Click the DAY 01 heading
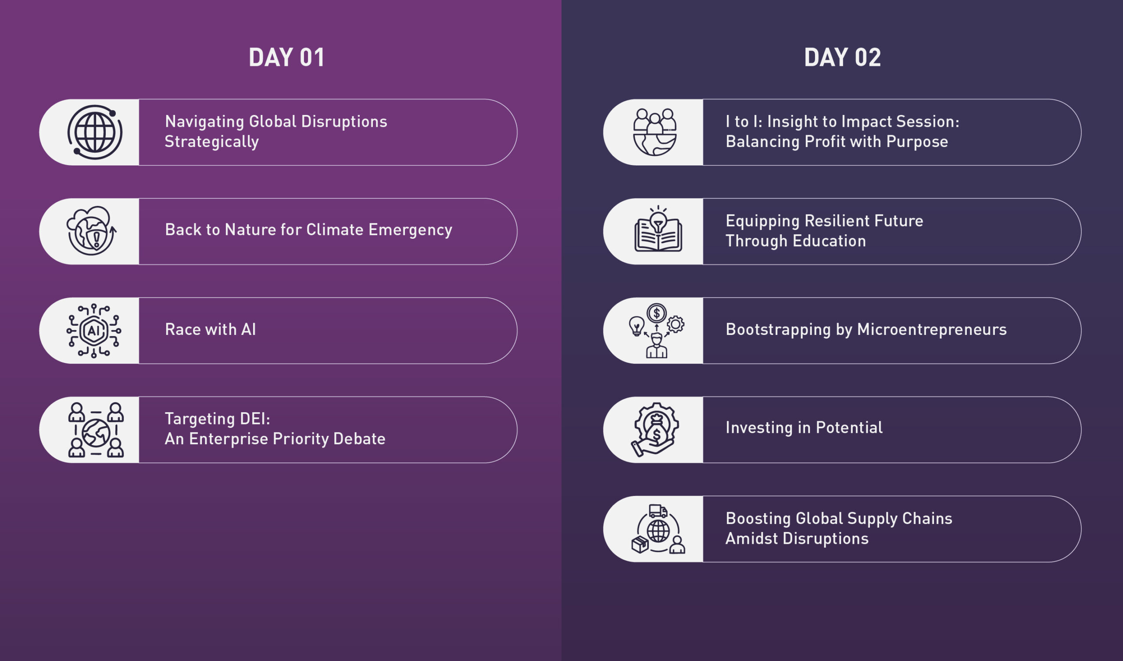coord(286,57)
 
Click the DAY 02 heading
coord(842,57)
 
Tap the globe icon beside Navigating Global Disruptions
coord(95,132)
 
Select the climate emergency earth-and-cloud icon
coord(92,230)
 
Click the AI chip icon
coord(93,330)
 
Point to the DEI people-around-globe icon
coord(96,430)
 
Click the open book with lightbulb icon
coord(658,229)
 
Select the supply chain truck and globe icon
coord(658,529)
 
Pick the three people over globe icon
coord(654,132)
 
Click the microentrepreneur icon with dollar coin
coord(656,330)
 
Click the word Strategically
coord(212,142)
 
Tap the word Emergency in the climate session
coord(410,230)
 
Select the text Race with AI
coord(210,329)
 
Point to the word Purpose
coord(917,142)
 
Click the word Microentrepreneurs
coord(932,330)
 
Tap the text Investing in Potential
coord(804,428)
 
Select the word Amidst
coord(752,539)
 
